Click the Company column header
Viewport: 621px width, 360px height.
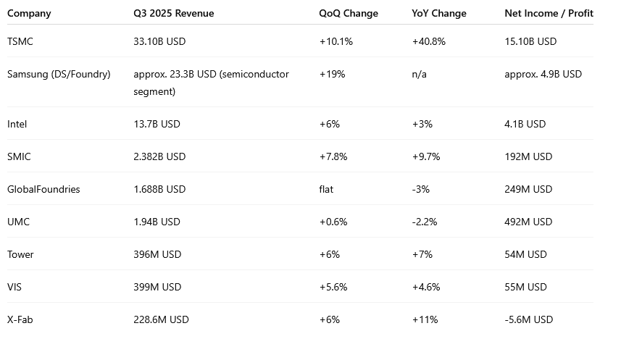(29, 13)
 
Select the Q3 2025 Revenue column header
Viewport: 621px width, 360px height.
(174, 13)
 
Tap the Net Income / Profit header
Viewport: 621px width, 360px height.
(548, 13)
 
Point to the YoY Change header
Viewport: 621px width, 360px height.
(439, 13)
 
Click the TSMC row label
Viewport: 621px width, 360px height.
(20, 41)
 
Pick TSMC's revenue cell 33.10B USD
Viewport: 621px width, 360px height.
(159, 41)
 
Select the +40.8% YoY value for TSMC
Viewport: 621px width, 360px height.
(428, 41)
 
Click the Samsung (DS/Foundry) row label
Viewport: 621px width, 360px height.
(59, 74)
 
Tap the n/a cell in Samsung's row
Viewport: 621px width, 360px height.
(420, 74)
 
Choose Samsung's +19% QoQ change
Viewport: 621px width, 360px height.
(331, 74)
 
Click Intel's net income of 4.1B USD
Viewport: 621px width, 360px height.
(525, 124)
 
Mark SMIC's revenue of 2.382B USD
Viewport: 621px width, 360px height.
(159, 156)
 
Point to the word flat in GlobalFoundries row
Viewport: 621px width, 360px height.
(327, 189)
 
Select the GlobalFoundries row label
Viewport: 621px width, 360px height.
(43, 189)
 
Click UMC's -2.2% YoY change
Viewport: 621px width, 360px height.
(425, 222)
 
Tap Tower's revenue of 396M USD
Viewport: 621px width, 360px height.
(157, 254)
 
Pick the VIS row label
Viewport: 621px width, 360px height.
(14, 287)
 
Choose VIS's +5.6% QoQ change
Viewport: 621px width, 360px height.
(333, 287)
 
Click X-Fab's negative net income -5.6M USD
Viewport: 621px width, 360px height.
(529, 319)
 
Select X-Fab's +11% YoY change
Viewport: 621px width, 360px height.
(424, 319)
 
